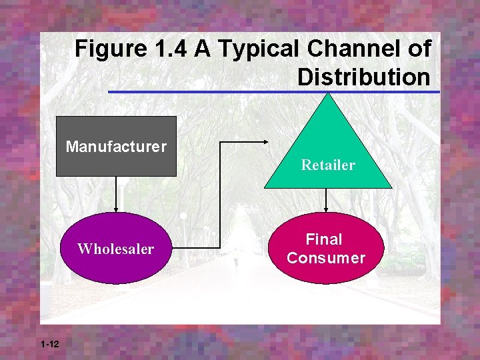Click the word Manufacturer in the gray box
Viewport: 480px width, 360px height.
pos(116,145)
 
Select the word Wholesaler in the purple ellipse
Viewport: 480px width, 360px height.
pos(115,249)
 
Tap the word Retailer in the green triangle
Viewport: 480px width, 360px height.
pos(328,165)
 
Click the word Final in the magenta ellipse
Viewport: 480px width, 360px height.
pos(324,239)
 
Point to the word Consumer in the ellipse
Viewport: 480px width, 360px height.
pos(326,258)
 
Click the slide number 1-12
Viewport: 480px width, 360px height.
pos(49,344)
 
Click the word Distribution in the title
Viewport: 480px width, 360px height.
pos(363,77)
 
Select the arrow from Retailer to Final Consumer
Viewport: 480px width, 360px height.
pos(326,200)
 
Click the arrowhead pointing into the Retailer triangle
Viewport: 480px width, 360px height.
pos(266,141)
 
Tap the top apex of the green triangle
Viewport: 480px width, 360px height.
pos(327,94)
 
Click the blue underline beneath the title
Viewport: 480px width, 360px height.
pos(273,91)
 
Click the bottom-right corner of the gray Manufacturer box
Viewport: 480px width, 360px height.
pos(175,175)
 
